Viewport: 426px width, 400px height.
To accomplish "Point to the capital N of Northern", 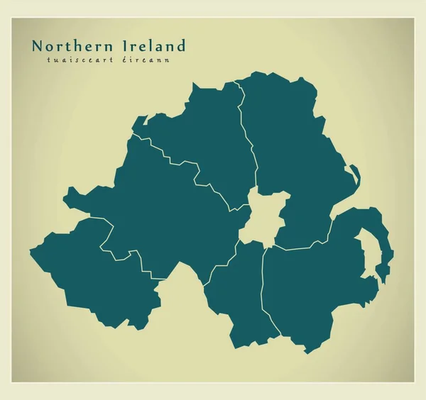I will (x=37, y=46).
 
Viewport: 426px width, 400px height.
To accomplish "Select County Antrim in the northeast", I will (x=288, y=142).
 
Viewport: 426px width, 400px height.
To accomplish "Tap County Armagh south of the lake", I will (x=238, y=291).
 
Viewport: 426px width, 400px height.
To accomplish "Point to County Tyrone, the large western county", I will (x=163, y=213).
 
